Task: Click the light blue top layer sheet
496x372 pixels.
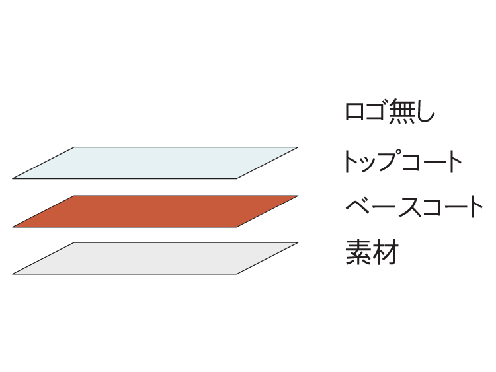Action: pos(155,163)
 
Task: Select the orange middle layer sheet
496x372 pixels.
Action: pos(155,211)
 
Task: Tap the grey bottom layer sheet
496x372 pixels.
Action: pos(155,258)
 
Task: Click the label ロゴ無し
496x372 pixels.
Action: pos(390,111)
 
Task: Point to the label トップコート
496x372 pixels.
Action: pos(402,161)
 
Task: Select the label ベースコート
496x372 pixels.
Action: pos(414,207)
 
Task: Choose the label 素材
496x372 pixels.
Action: pos(372,252)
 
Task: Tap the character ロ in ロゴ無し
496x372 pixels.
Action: pos(354,112)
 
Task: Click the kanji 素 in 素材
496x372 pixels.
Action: pos(358,252)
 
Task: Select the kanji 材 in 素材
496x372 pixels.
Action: pos(385,252)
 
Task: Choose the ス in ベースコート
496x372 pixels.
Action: pos(410,207)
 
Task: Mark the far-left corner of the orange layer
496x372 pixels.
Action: pos(13,227)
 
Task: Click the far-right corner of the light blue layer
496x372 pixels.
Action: pos(298,147)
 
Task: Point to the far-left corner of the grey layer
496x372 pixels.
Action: pos(13,274)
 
